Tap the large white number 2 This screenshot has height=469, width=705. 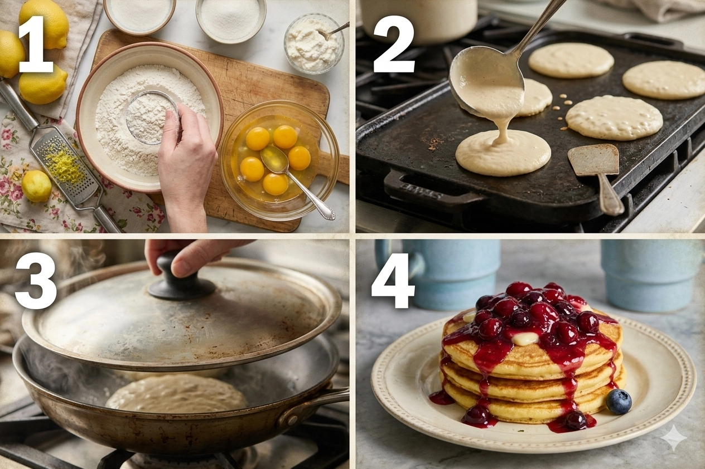pos(394,44)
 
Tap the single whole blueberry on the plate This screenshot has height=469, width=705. pos(619,402)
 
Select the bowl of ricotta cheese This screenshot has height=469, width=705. pos(314,42)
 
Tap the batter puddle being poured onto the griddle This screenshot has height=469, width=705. pos(503,152)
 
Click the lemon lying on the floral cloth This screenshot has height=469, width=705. pos(36,186)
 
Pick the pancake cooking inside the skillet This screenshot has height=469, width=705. pos(176,393)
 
